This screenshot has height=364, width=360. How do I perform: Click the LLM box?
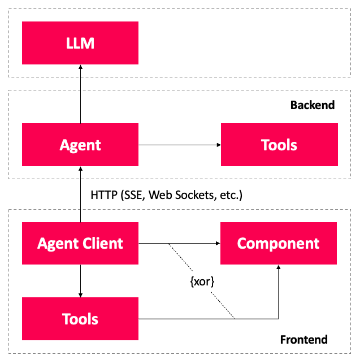click(80, 43)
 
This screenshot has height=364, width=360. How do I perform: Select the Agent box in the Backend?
click(80, 145)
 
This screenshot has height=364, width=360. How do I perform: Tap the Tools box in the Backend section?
click(279, 145)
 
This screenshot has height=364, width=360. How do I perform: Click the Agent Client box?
click(80, 244)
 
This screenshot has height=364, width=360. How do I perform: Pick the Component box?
click(278, 244)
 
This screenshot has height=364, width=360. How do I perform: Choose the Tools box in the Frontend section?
click(80, 319)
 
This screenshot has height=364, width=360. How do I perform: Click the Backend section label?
click(312, 105)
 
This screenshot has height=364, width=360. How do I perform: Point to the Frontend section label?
click(303, 340)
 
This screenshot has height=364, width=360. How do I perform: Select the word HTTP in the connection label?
click(103, 195)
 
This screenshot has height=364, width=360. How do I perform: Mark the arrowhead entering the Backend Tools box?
click(218, 145)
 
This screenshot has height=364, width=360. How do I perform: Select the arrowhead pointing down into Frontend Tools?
click(80, 294)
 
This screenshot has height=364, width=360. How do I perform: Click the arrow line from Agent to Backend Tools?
click(178, 145)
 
